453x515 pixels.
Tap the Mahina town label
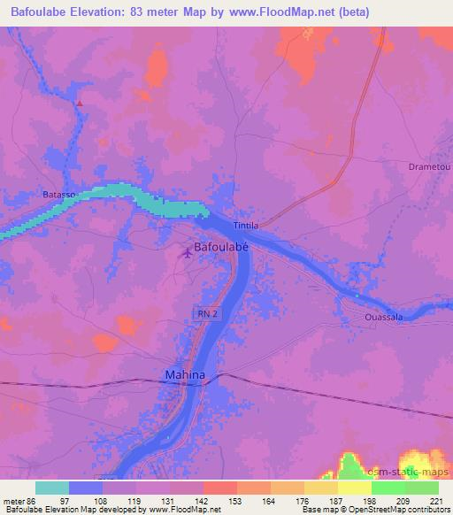pyautogui.click(x=185, y=375)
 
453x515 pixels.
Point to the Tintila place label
pyautogui.click(x=245, y=226)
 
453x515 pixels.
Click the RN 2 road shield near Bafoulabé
pyautogui.click(x=205, y=314)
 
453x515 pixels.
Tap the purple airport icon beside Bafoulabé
pyautogui.click(x=186, y=255)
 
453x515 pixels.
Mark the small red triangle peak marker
pyautogui.click(x=80, y=104)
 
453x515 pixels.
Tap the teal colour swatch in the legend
pyautogui.click(x=51, y=488)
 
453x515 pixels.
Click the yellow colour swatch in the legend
pyautogui.click(x=354, y=488)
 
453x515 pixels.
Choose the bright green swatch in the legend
pyautogui.click(x=388, y=488)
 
